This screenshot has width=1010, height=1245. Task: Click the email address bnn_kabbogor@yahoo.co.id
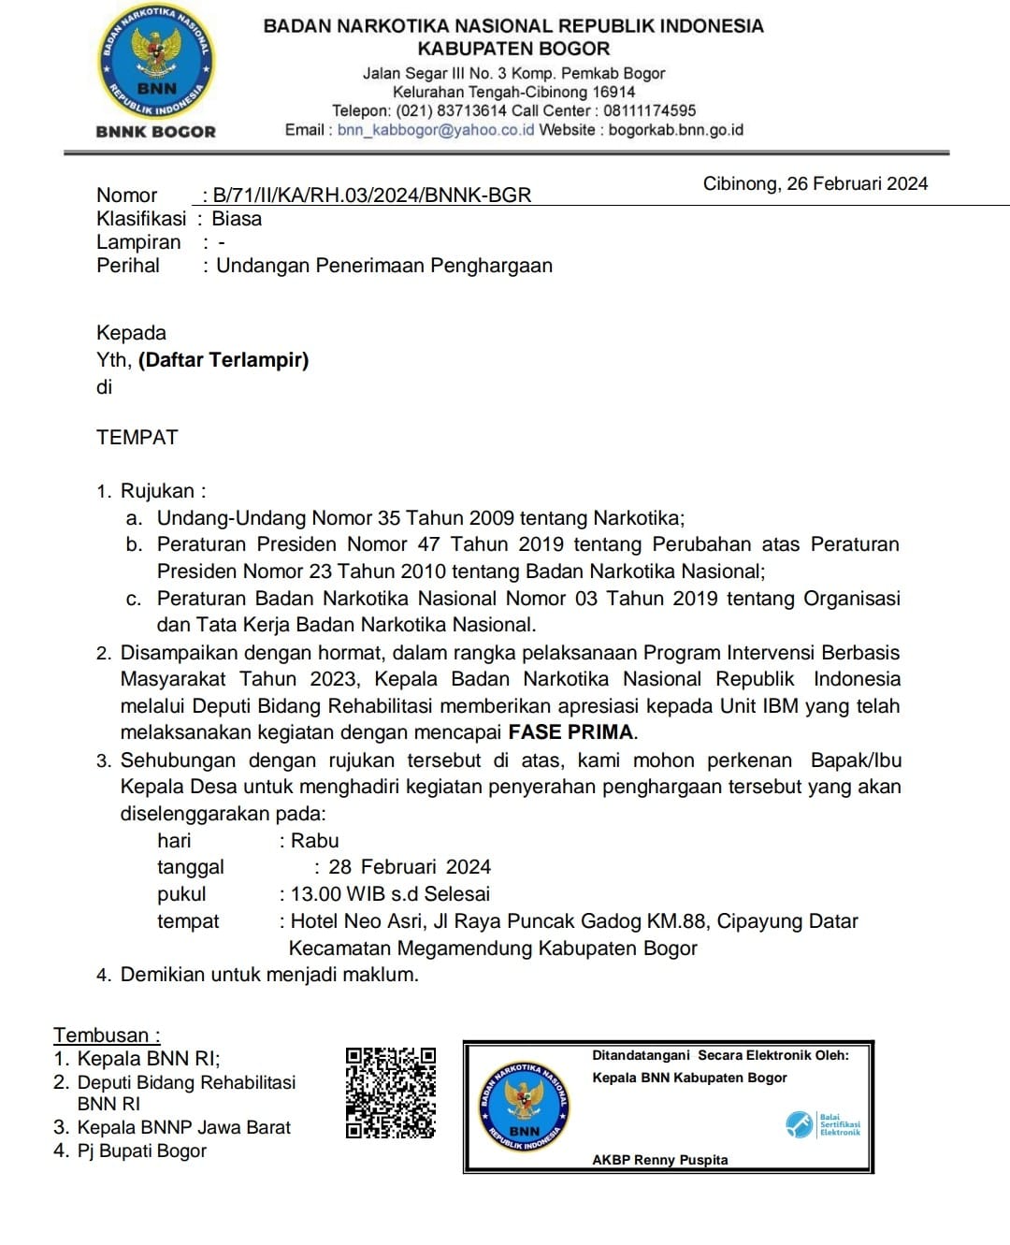point(436,130)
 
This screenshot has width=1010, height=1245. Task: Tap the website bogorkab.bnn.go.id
point(675,130)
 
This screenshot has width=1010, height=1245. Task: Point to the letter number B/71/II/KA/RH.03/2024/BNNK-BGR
point(371,195)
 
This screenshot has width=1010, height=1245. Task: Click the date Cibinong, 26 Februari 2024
point(815,183)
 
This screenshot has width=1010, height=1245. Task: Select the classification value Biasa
point(237,219)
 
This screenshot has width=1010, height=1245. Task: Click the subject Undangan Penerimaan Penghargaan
point(383,266)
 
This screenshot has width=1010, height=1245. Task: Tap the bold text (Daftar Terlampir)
point(224,360)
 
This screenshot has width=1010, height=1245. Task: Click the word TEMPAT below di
point(137,438)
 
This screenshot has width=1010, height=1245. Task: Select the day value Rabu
point(314,841)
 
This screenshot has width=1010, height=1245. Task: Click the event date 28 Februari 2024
point(409,867)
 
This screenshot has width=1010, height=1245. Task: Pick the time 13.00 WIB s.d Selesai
point(390,894)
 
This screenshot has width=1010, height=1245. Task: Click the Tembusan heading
point(107,1035)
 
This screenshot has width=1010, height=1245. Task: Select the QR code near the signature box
point(390,1093)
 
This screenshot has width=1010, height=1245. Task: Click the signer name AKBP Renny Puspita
point(659,1160)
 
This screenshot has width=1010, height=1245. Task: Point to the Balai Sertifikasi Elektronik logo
point(822,1123)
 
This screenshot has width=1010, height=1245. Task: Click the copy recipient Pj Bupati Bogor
point(141,1151)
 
